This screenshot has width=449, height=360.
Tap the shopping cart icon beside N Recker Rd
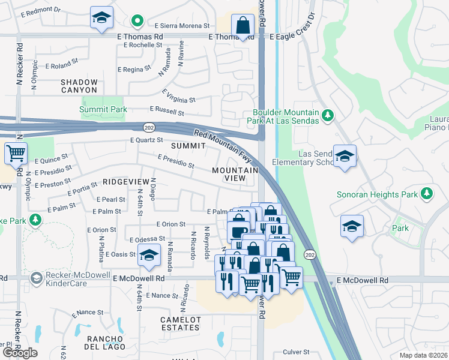click(16, 153)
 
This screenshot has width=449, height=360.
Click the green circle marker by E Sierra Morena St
click(137, 22)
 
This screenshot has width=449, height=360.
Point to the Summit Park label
click(103, 110)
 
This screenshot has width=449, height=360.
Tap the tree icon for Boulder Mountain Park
click(327, 115)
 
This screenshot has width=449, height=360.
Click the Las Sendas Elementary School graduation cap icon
click(345, 157)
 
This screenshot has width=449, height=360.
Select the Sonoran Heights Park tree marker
click(427, 193)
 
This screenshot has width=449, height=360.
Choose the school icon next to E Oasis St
click(149, 256)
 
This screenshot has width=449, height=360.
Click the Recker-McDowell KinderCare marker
click(37, 278)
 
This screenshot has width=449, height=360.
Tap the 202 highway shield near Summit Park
click(149, 127)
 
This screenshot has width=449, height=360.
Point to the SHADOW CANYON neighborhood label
click(79, 86)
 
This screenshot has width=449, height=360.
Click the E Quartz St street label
click(146, 140)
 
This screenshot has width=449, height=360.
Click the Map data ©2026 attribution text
click(423, 355)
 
